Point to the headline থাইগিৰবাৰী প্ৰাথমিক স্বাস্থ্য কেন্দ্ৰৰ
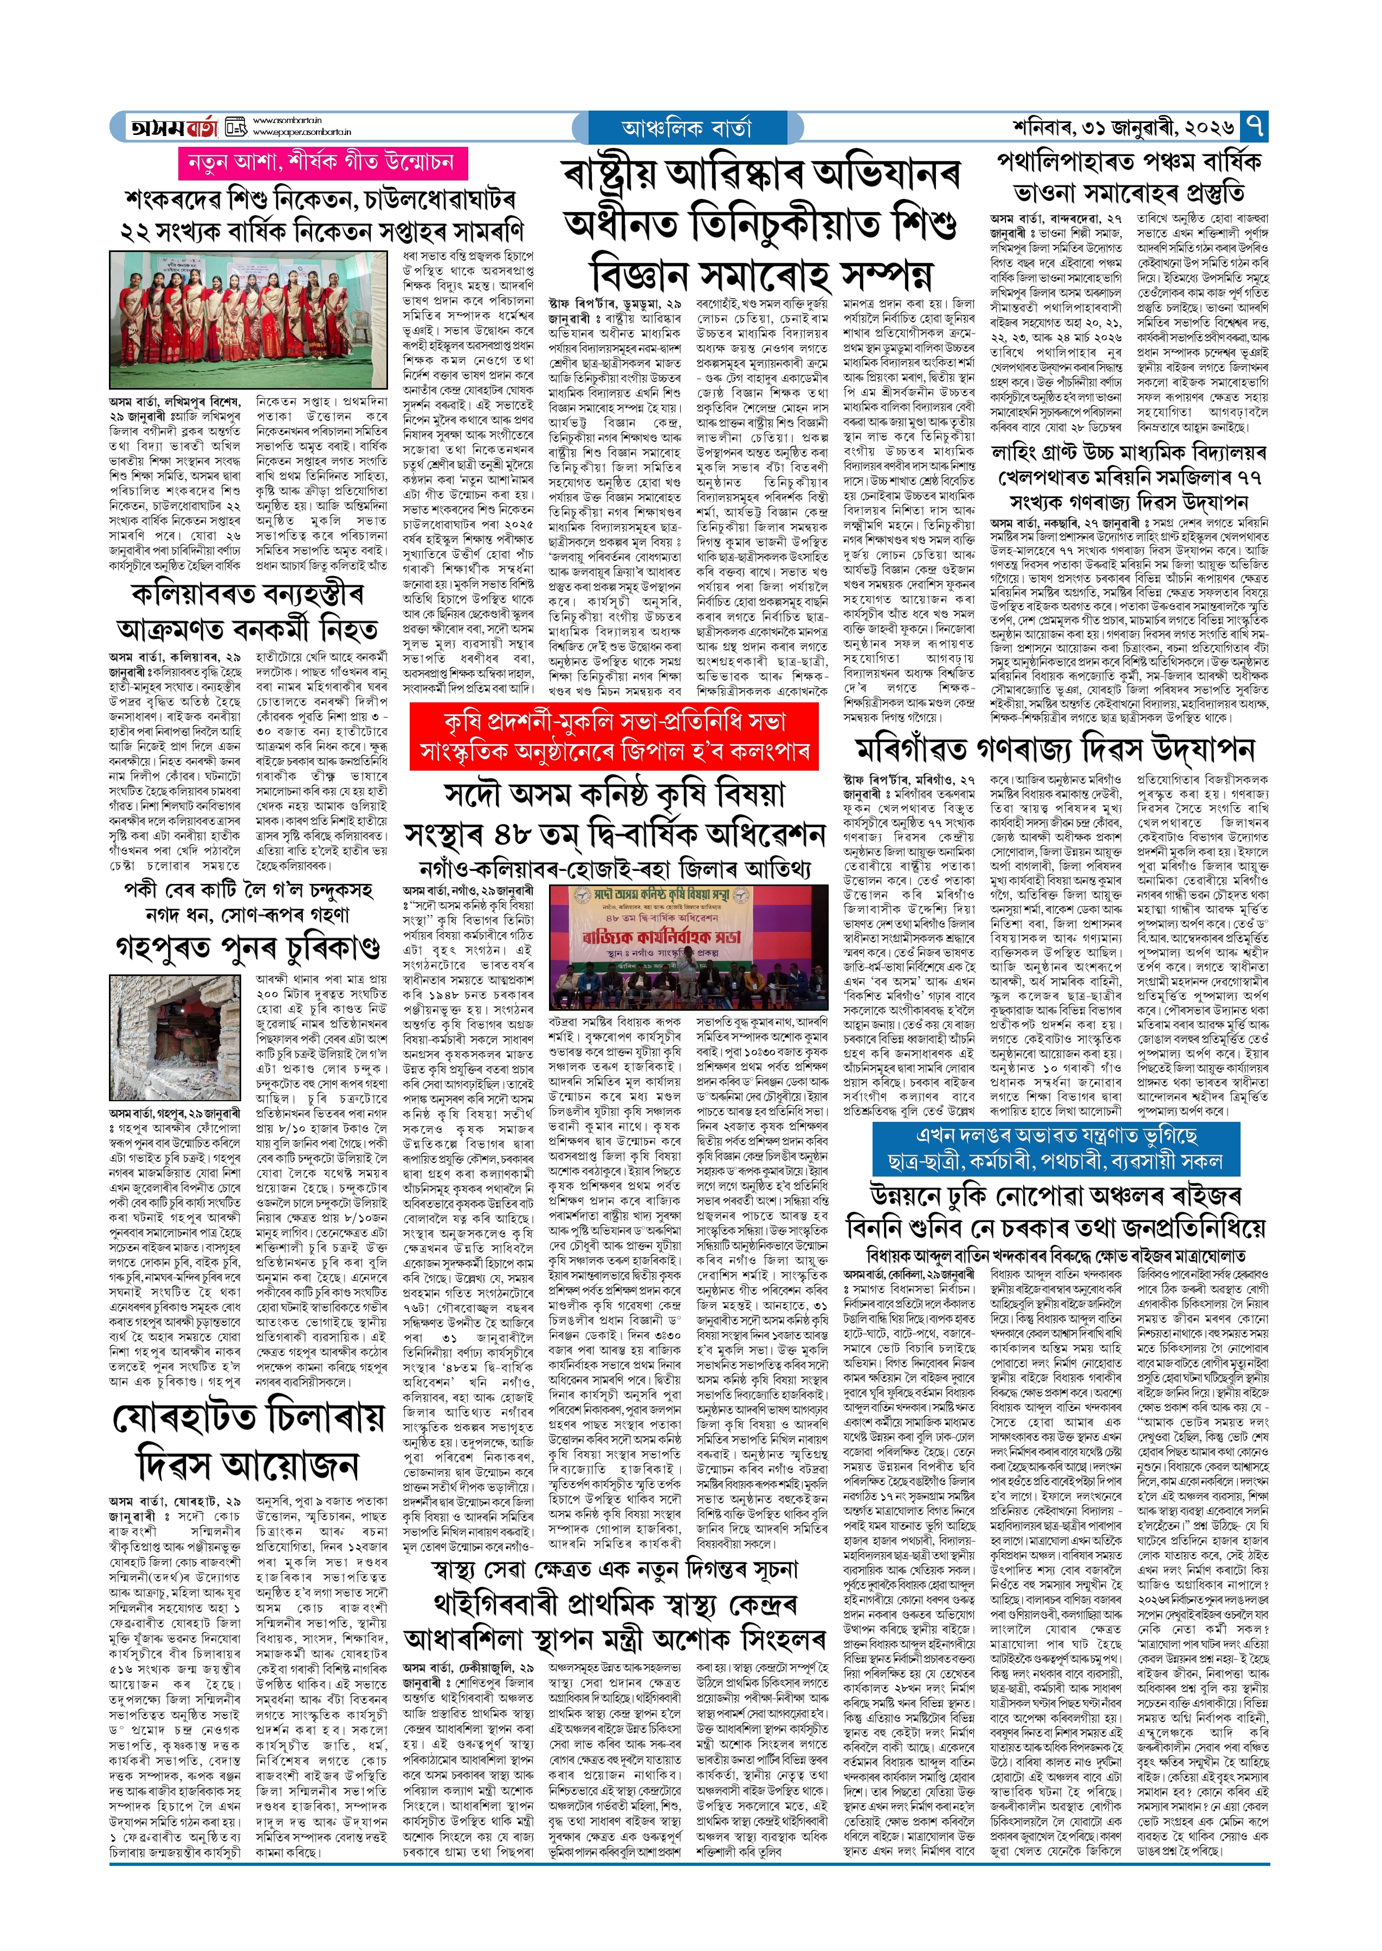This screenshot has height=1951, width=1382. [x=615, y=1605]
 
